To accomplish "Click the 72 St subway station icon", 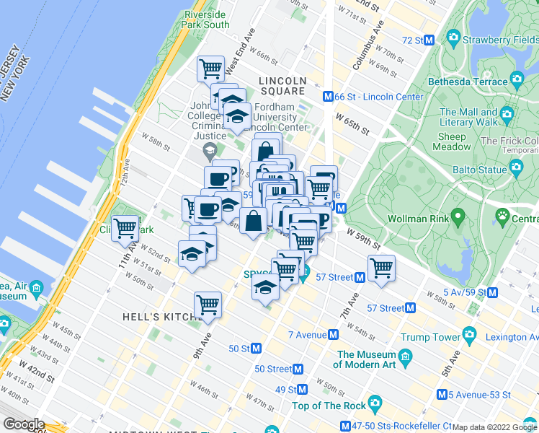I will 429,40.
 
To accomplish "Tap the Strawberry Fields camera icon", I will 453,36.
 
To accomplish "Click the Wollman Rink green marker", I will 456,217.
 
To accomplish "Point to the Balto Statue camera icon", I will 516,168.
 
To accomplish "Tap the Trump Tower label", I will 430,337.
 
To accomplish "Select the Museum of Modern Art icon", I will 405,357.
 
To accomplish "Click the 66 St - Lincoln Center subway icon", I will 327,97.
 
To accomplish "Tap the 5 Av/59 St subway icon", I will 492,293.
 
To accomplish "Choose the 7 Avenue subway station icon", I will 334,335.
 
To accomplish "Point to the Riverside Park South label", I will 207,19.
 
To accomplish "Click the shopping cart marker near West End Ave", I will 210,69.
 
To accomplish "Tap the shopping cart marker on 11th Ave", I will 125,229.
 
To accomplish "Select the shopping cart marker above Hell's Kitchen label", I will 208,305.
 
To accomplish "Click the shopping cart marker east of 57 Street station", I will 381,268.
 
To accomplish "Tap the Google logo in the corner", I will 23,424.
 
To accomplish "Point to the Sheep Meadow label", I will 453,141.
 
